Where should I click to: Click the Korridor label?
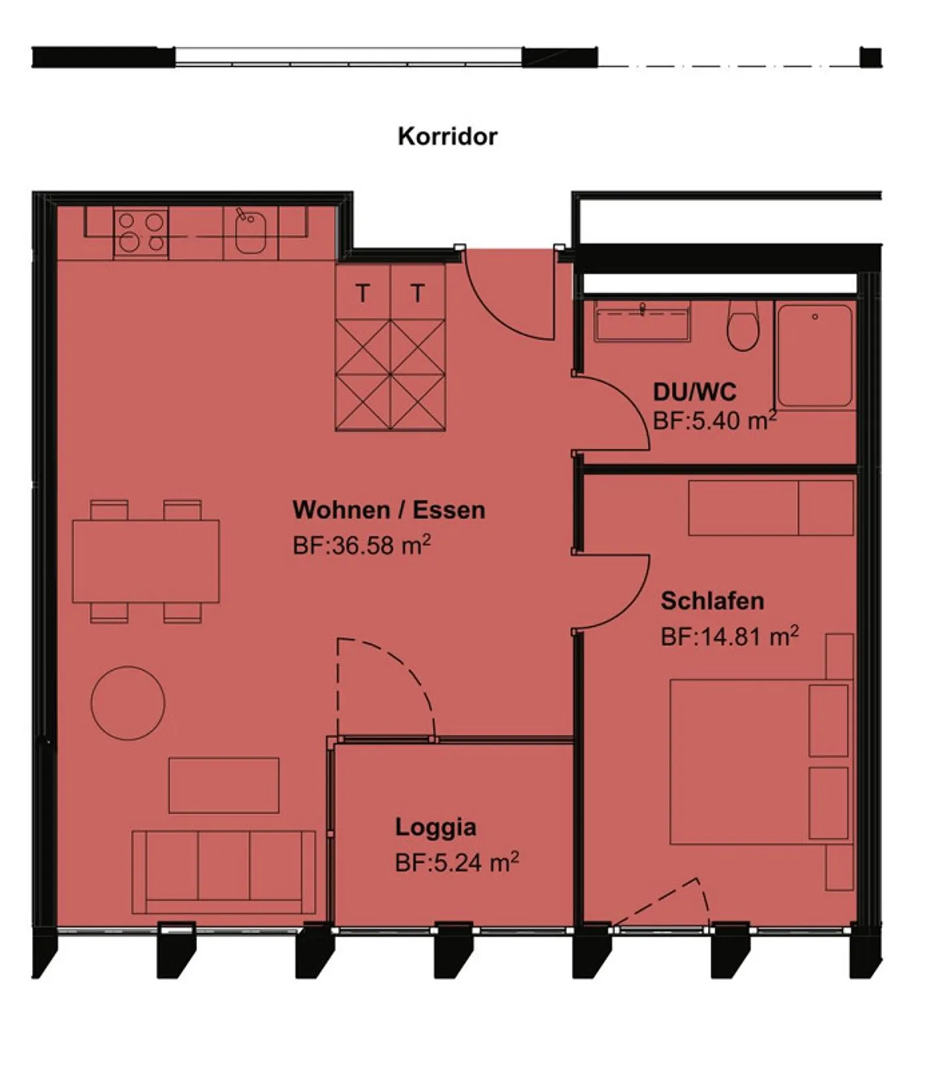448,136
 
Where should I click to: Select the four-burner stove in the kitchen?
141,233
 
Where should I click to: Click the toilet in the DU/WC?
743,326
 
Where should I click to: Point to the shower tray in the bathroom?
815,355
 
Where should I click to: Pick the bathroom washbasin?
642,322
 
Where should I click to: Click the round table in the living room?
128,703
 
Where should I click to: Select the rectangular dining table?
145,561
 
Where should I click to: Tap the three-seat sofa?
224,872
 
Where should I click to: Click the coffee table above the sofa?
224,785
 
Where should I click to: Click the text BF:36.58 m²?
361,545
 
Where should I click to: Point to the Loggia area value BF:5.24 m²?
457,862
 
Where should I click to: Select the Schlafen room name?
712,601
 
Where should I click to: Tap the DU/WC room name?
695,392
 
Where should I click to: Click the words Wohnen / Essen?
389,510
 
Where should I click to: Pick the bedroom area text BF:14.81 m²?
730,636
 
